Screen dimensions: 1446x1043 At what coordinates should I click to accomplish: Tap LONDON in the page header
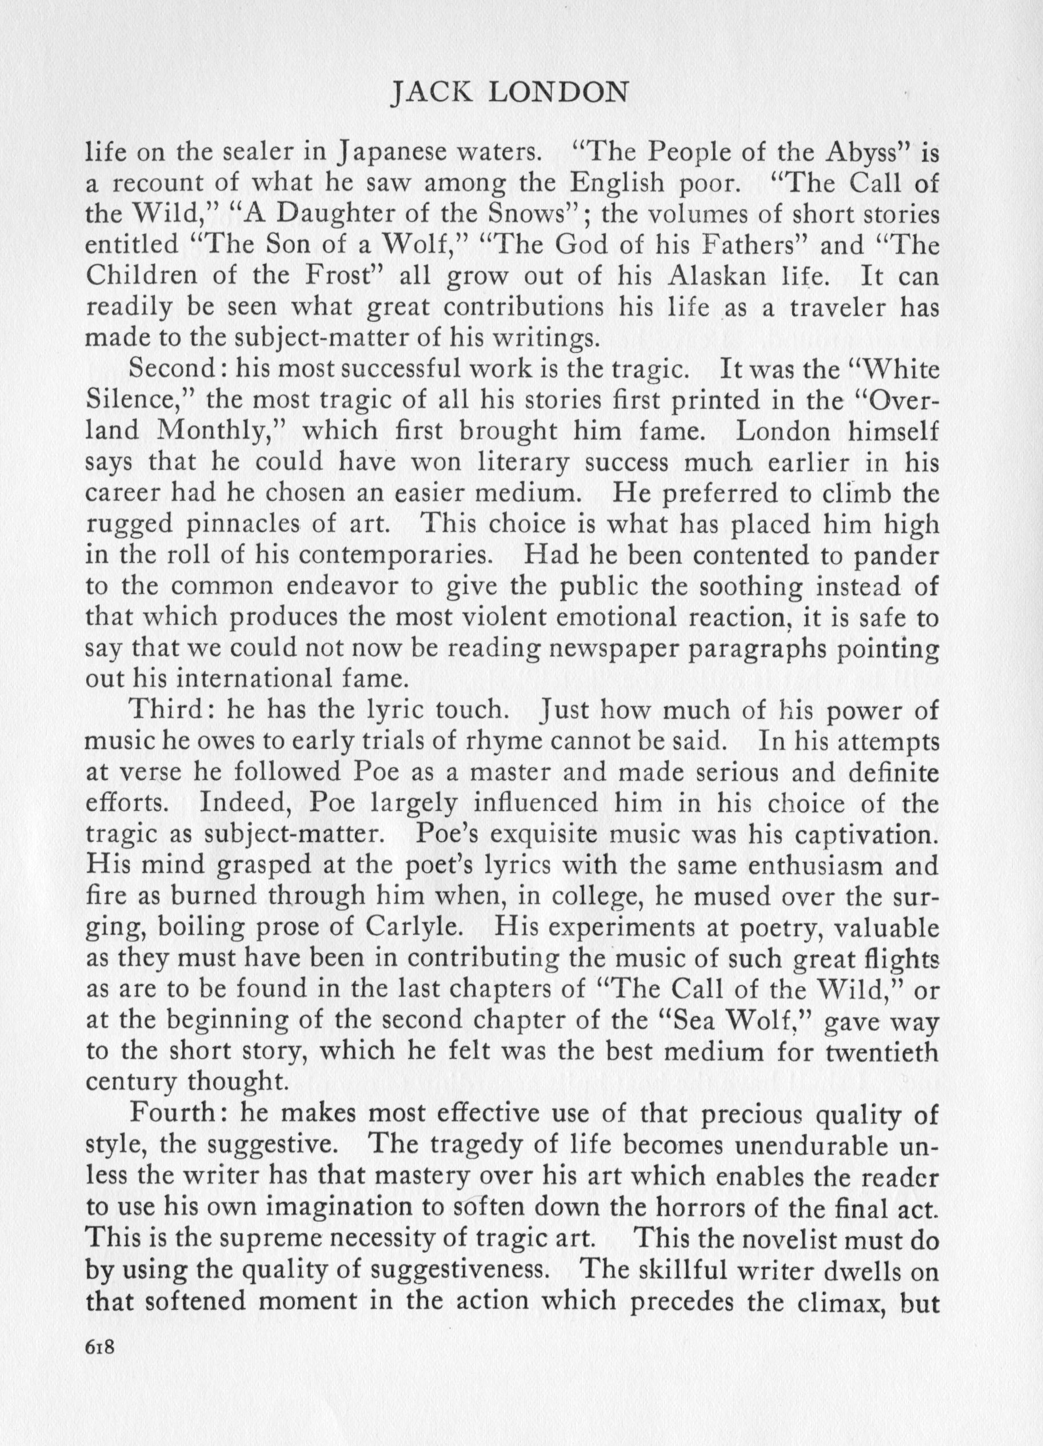tap(560, 94)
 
